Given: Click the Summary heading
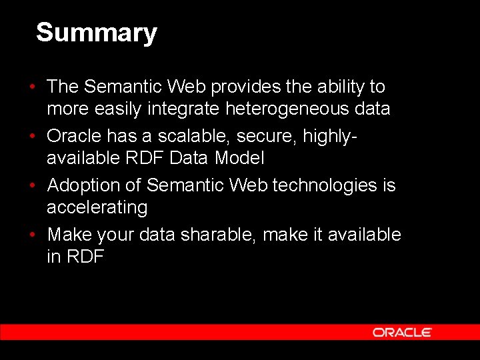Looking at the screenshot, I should pyautogui.click(x=96, y=33).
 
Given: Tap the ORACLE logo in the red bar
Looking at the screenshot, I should pyautogui.click(x=402, y=332).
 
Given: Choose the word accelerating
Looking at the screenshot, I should pyautogui.click(x=97, y=207).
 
